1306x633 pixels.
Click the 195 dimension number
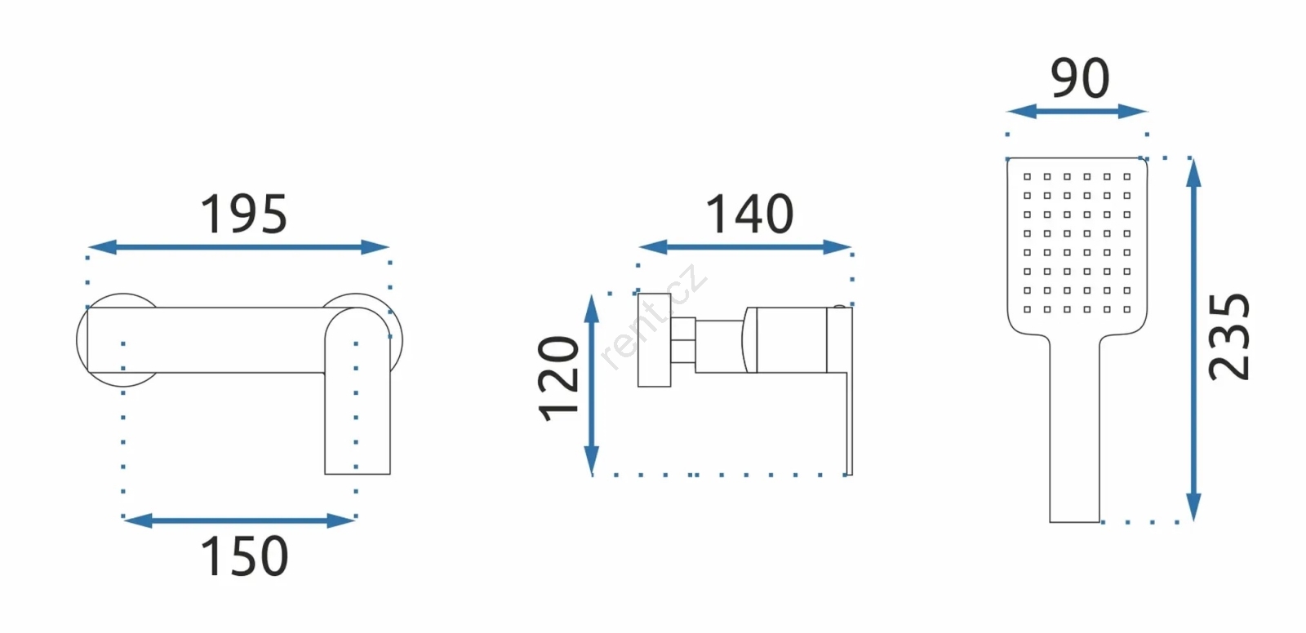pos(244,215)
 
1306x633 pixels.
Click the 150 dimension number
pos(244,556)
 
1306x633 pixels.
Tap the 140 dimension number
pos(750,214)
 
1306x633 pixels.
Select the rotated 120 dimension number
pos(558,378)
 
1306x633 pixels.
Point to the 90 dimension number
pos(1080,78)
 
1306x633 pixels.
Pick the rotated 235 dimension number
pos(1228,337)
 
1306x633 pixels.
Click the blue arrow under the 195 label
pos(238,247)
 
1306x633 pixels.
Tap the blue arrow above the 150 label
pos(239,520)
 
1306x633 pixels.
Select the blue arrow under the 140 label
pos(745,247)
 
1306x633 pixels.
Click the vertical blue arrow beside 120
pos(592,385)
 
